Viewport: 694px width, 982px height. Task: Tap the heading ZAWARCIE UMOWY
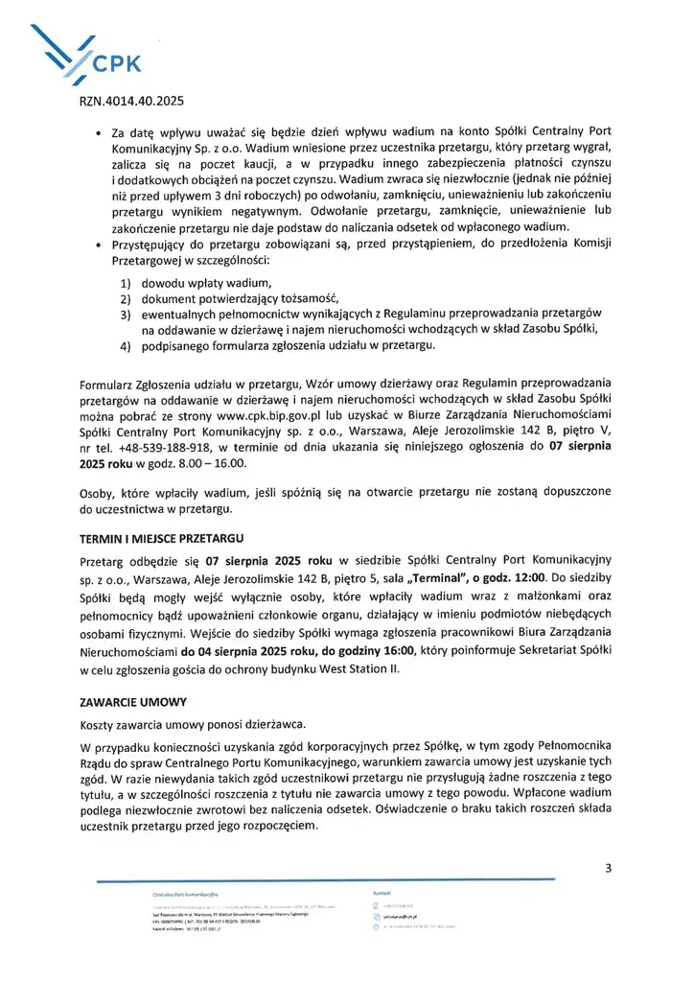point(132,701)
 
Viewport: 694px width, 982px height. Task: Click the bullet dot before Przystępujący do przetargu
point(101,245)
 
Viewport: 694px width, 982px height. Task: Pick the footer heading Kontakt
point(382,893)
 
